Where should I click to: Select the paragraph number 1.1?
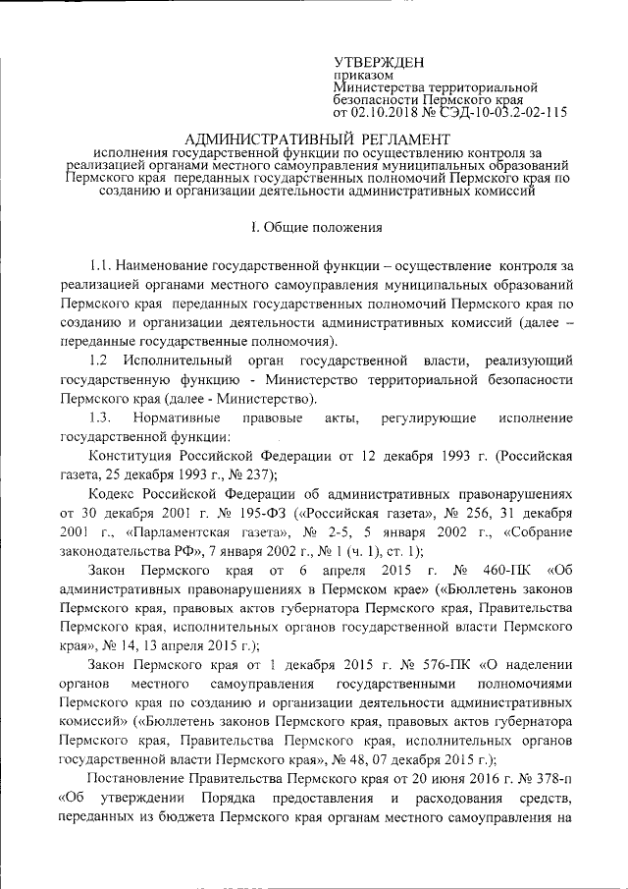pos(99,266)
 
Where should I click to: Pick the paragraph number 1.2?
pos(98,361)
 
